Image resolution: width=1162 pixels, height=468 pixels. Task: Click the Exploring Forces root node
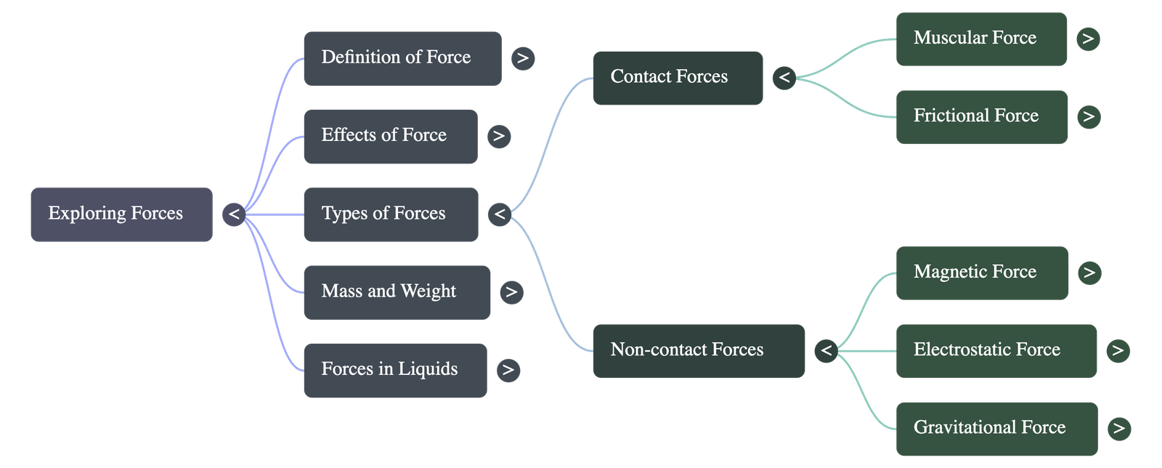(x=121, y=214)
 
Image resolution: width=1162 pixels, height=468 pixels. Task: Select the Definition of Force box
(x=402, y=58)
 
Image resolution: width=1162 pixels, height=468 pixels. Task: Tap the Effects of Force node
(x=390, y=136)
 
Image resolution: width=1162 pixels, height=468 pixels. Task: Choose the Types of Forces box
(x=390, y=214)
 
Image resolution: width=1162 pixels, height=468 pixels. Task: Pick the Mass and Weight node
(x=397, y=292)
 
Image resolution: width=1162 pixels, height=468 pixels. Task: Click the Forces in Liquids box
(x=394, y=370)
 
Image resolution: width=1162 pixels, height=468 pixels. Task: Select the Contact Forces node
(x=678, y=78)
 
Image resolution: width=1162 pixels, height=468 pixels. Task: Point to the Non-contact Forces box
(x=698, y=350)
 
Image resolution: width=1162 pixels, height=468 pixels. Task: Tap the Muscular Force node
(x=981, y=39)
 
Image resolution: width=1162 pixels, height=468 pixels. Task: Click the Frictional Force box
(x=981, y=116)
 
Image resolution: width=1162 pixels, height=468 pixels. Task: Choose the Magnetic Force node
(x=982, y=273)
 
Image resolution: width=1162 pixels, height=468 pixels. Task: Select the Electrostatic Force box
(x=996, y=350)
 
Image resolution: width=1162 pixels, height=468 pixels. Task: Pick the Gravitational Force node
(x=996, y=428)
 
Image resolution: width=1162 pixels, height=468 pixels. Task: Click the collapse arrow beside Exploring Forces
(x=233, y=214)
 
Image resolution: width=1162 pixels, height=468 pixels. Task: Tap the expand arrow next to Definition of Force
(x=523, y=58)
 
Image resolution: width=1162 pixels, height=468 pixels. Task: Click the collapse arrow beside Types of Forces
(x=499, y=214)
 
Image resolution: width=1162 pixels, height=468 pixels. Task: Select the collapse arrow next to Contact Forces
(x=784, y=77)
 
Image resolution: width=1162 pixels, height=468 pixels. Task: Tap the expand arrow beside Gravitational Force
(x=1119, y=428)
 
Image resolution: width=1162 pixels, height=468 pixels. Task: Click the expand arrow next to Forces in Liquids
(x=508, y=370)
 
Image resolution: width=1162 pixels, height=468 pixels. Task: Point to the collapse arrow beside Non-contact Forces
(x=826, y=351)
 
